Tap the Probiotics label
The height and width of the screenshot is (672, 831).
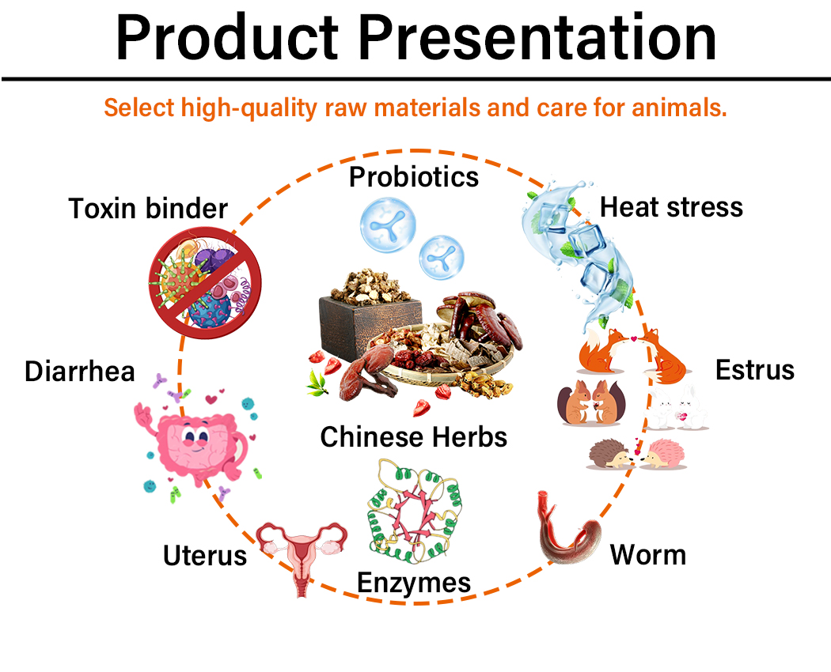click(x=414, y=176)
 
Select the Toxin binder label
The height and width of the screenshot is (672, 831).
click(x=148, y=209)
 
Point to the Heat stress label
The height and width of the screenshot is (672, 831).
click(x=671, y=207)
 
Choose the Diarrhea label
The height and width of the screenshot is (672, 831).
click(x=80, y=371)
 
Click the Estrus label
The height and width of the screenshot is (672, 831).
click(x=754, y=369)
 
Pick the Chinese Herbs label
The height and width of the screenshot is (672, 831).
click(x=413, y=436)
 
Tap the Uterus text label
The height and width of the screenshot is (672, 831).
click(x=205, y=555)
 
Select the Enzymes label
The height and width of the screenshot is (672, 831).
click(x=414, y=583)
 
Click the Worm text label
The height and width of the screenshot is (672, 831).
click(x=647, y=554)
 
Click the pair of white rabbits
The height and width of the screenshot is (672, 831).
click(x=680, y=410)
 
